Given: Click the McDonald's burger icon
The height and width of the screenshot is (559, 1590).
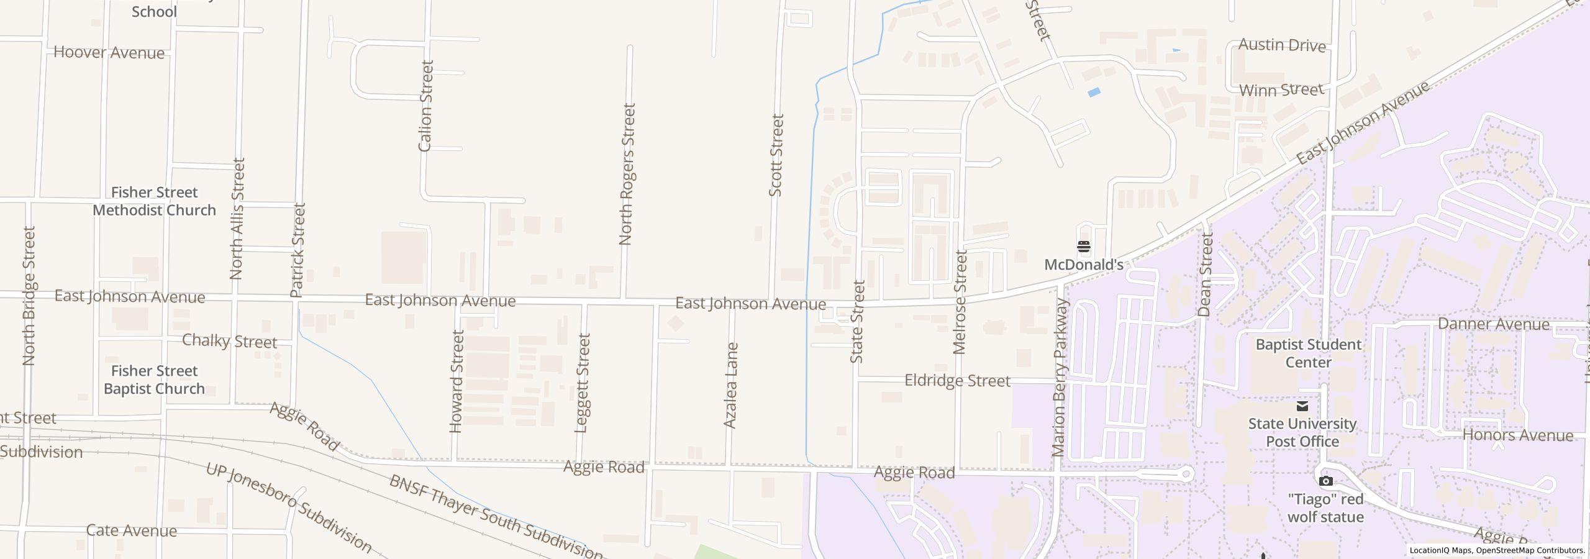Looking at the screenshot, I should (x=1084, y=247).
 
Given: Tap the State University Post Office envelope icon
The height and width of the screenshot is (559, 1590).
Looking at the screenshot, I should (x=1302, y=406).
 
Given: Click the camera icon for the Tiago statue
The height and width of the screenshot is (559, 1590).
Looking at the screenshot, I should (x=1325, y=481).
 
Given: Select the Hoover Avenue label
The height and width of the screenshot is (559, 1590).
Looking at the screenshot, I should (x=109, y=53).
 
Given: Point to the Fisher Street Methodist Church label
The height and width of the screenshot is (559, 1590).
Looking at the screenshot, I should (x=154, y=201).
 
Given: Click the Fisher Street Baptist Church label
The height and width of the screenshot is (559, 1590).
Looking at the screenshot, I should (x=154, y=379).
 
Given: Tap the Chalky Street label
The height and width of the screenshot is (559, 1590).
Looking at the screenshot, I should (x=229, y=342).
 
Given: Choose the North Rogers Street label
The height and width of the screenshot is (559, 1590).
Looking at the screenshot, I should (x=627, y=174).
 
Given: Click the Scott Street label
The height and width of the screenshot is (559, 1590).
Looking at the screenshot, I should (x=776, y=155).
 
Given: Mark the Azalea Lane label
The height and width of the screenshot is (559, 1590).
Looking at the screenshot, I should (x=731, y=385).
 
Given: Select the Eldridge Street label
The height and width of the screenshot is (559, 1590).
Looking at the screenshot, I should (x=957, y=381).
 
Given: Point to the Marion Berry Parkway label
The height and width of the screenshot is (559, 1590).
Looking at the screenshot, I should (x=1060, y=378).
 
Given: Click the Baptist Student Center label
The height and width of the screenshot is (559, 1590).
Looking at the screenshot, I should (x=1308, y=353).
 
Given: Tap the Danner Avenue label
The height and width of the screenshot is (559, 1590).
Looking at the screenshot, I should (x=1493, y=324).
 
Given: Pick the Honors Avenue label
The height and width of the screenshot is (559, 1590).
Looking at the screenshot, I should (x=1517, y=435).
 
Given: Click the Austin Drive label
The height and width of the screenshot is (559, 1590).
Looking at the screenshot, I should (x=1282, y=45).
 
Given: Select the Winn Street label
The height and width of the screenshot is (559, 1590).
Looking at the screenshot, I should (x=1281, y=91).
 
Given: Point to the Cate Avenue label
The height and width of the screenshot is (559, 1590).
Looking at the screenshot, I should (x=132, y=530).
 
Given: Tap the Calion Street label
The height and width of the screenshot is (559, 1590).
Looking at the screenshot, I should (x=425, y=106).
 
